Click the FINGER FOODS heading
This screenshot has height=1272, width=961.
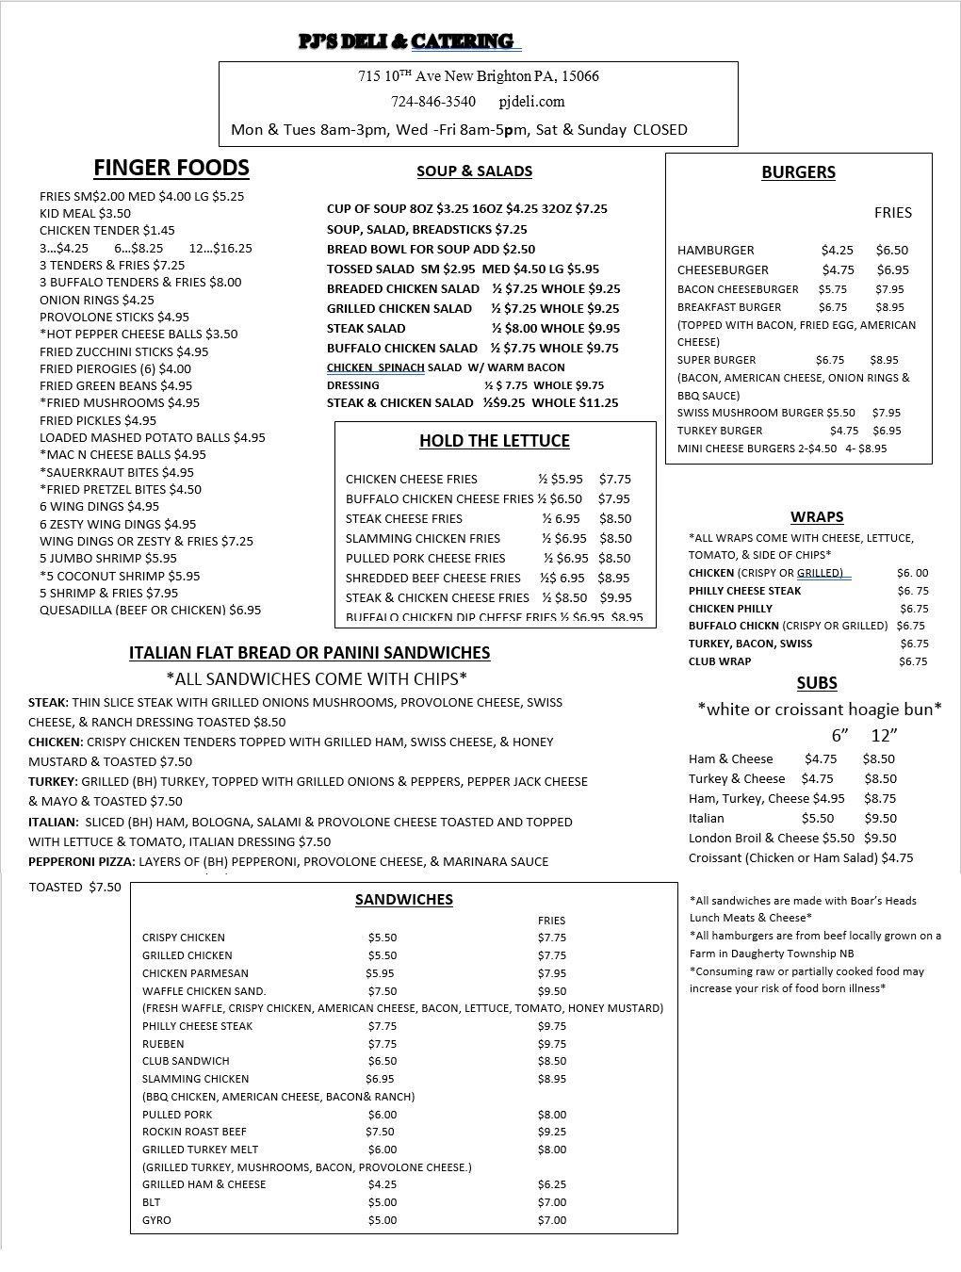coord(171,168)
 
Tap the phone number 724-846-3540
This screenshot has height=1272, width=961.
coord(433,102)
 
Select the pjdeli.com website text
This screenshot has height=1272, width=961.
coord(531,102)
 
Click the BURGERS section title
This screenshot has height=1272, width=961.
coord(798,172)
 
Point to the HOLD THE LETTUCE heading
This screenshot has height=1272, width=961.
coord(495,441)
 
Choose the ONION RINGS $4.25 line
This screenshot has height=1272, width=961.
coord(97,300)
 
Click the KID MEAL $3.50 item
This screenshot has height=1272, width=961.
coord(85,214)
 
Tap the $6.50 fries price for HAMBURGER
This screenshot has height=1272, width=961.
coord(892,251)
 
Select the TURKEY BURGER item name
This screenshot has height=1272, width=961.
coord(720,431)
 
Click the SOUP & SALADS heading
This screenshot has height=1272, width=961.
coord(475,171)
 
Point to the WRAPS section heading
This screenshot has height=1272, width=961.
coord(817,517)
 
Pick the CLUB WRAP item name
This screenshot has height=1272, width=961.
coord(720,661)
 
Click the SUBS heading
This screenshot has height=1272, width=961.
coord(817,683)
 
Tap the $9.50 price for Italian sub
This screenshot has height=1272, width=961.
coord(880,819)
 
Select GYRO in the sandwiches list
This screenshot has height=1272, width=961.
coord(156,1220)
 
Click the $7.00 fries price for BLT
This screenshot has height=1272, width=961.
coord(552,1202)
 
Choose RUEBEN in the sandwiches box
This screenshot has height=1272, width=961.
coord(163,1044)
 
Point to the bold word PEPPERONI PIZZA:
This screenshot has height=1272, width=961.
coord(82,862)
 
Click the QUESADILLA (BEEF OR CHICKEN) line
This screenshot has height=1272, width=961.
coord(151,611)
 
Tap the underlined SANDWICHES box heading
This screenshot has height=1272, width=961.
coord(403,900)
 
